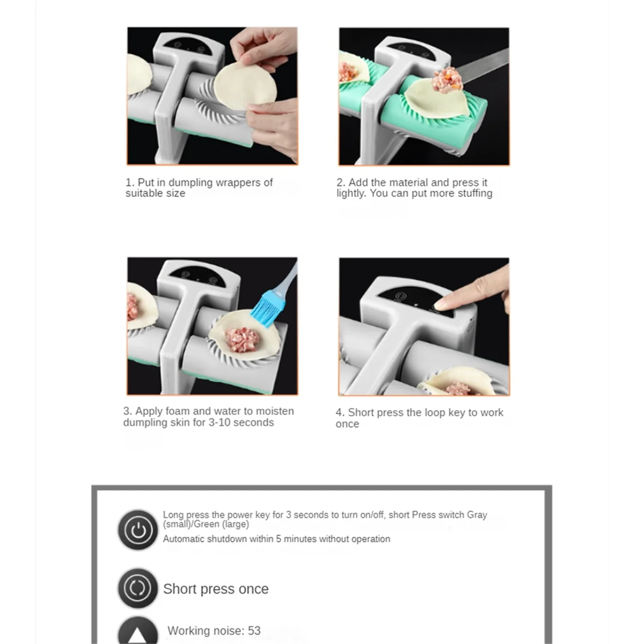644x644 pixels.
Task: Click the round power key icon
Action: coord(138,530)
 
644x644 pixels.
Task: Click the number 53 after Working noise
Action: coord(254,631)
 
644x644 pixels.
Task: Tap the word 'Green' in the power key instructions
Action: coord(206,524)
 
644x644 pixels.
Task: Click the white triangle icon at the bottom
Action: coord(137,635)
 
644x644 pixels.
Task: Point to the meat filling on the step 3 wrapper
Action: coord(242,340)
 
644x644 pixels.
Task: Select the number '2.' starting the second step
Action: coord(341,182)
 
